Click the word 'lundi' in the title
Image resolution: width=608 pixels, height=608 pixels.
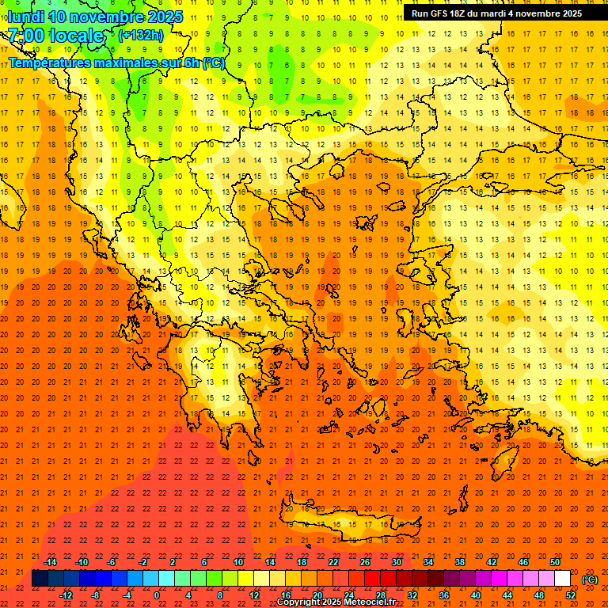[x=25, y=17]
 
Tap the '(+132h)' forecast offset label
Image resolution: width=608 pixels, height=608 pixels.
[x=141, y=35]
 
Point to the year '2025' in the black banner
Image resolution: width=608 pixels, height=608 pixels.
[x=567, y=13]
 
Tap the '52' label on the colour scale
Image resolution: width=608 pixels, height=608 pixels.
[x=571, y=595]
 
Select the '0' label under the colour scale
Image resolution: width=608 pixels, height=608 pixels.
[x=157, y=595]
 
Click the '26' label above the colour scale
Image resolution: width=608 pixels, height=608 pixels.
[x=365, y=562]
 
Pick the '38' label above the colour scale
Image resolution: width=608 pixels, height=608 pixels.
[x=459, y=562]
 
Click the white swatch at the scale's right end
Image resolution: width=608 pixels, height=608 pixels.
[x=562, y=579]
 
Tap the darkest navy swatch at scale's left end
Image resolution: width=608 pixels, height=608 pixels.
[x=40, y=579]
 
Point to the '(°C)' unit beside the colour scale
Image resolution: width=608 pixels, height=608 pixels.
[x=590, y=579]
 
